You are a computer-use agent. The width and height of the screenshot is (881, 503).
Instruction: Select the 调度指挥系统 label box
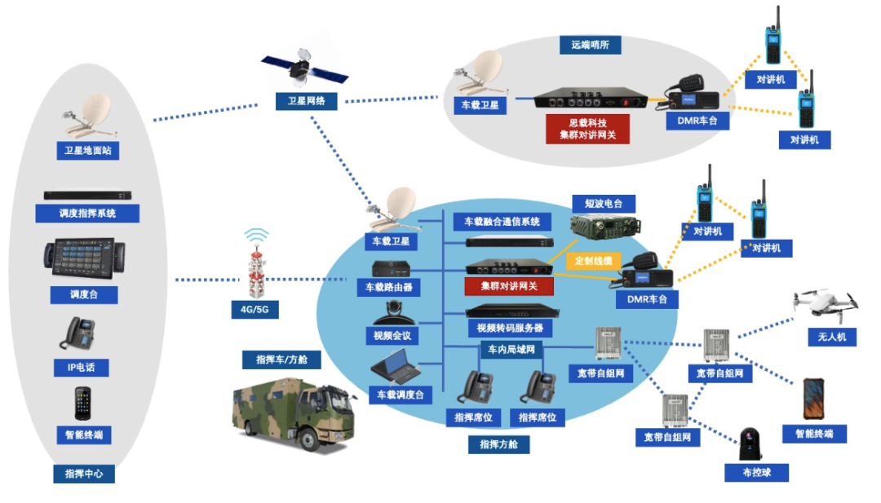(87, 214)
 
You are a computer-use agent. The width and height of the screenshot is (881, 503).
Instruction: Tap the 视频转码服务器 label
(509, 329)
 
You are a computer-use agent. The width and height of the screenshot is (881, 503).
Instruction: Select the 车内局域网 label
(511, 350)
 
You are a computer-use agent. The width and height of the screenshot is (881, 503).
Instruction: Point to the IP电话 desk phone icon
(81, 334)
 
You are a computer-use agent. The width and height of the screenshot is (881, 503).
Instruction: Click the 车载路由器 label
(389, 287)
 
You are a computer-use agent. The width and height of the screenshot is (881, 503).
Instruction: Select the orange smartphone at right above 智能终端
(814, 399)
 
